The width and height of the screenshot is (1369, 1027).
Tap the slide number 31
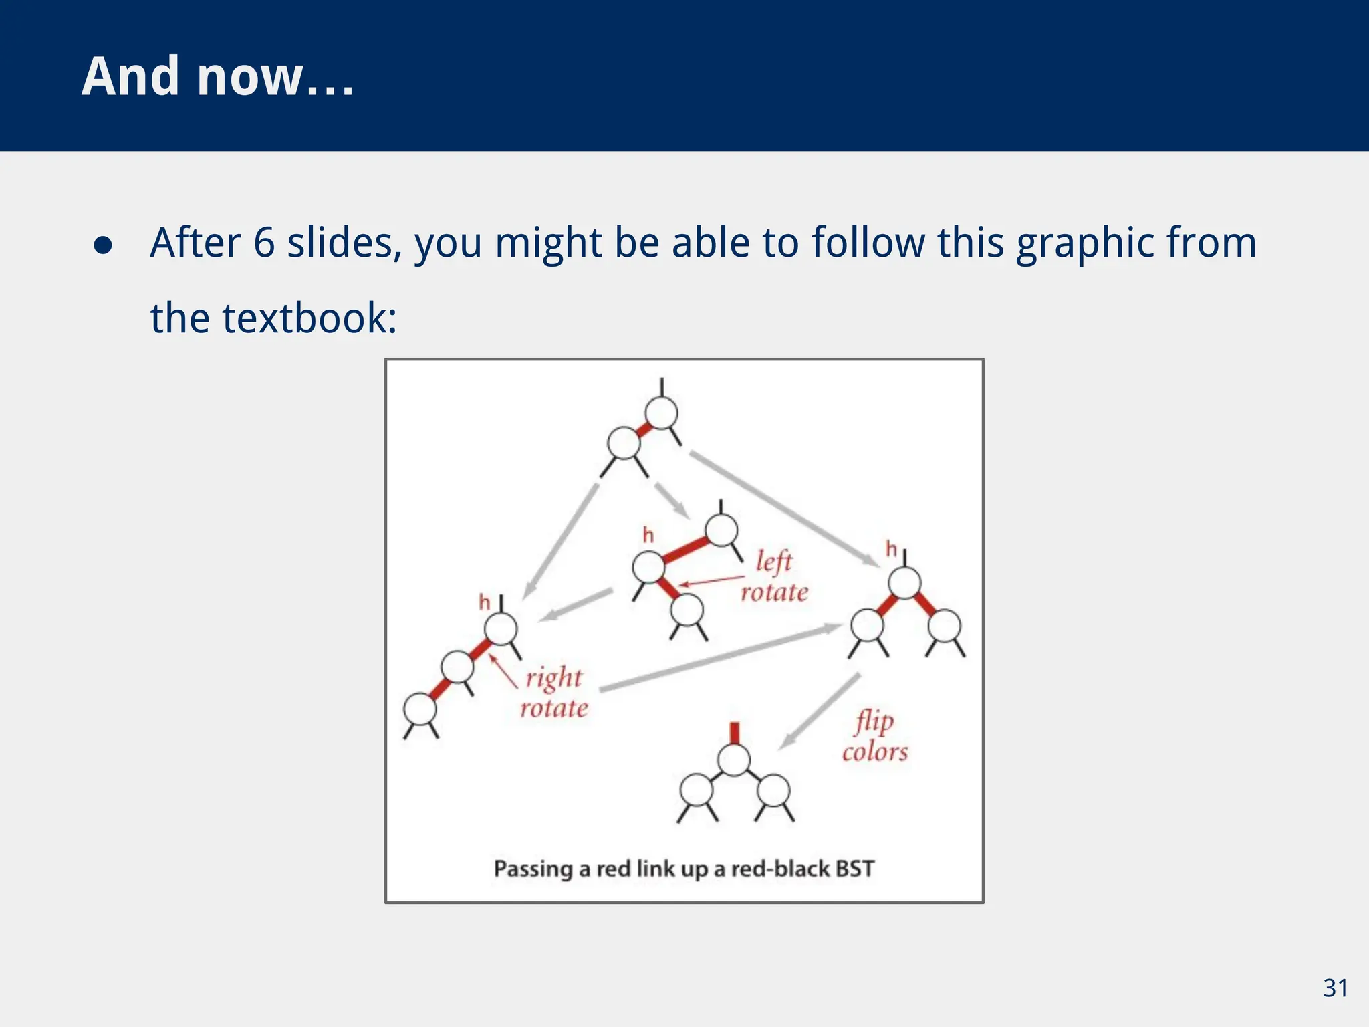point(1335,988)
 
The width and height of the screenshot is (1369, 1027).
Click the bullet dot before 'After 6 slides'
point(103,245)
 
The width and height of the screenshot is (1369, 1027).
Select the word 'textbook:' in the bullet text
point(309,318)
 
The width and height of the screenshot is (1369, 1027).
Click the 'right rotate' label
point(554,693)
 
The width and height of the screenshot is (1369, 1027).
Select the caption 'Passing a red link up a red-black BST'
point(684,869)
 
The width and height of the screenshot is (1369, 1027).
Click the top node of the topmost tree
point(662,413)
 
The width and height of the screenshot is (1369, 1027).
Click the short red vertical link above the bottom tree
point(734,733)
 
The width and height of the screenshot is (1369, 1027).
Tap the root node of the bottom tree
point(734,760)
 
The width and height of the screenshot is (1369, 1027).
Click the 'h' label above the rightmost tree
point(891,550)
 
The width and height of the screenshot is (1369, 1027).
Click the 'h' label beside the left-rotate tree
point(648,535)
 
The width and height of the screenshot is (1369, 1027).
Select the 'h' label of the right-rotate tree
point(485,603)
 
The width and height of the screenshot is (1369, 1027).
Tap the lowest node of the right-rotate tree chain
point(420,709)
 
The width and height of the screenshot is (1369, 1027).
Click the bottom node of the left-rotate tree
point(687,610)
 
